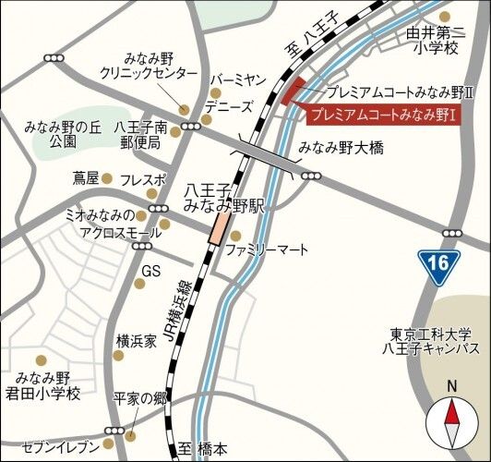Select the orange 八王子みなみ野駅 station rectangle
(x=221, y=226)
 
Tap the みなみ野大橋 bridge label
(x=341, y=148)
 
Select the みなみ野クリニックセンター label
(x=150, y=66)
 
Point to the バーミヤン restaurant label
(x=239, y=80)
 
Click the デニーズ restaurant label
(x=228, y=107)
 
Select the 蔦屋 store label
(x=85, y=177)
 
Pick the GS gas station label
(x=151, y=271)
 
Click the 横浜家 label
(x=137, y=341)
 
